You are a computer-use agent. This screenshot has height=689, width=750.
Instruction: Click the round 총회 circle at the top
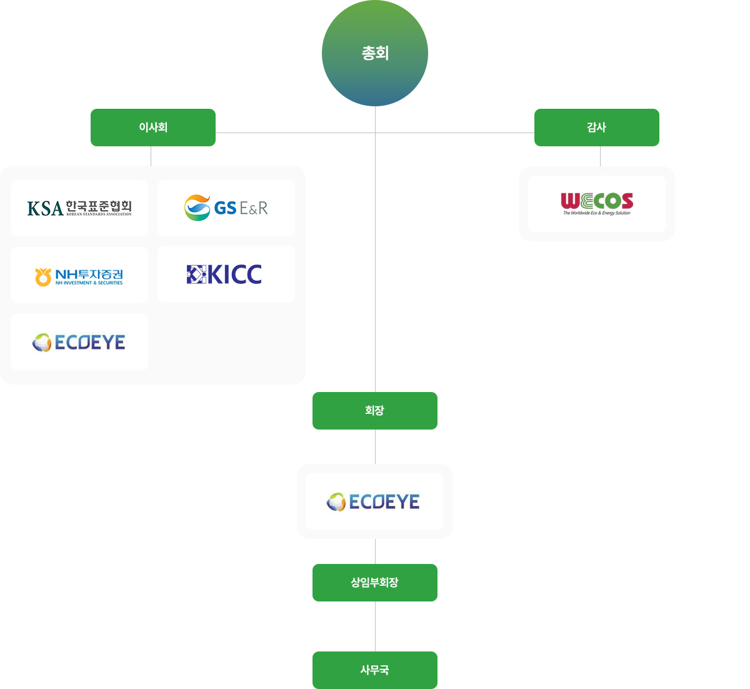[x=375, y=53]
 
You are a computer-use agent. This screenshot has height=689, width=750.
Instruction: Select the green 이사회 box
[x=153, y=128]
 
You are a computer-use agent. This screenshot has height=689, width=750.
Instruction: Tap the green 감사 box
[x=597, y=128]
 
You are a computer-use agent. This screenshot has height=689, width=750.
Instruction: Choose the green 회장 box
[x=375, y=411]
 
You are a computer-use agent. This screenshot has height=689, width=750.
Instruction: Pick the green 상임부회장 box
[x=375, y=583]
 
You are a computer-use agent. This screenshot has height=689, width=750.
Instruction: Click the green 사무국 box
[x=375, y=670]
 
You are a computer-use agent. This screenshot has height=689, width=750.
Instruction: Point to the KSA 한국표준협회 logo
[x=79, y=208]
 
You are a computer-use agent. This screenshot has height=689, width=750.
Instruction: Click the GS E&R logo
[x=226, y=208]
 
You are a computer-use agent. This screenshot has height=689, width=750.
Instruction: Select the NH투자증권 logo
[x=79, y=276]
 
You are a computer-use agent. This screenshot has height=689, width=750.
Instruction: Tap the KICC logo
[x=225, y=274]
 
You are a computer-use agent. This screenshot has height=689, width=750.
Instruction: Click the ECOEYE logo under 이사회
[x=79, y=343]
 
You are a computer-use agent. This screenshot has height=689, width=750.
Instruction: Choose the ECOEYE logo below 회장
[x=374, y=501]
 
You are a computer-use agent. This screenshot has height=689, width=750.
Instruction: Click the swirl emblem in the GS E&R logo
[x=197, y=208]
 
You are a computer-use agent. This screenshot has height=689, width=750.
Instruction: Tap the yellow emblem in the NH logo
[x=43, y=276]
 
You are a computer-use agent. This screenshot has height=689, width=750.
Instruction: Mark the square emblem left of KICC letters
[x=196, y=274]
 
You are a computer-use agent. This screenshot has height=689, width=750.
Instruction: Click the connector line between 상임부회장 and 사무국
[x=375, y=626]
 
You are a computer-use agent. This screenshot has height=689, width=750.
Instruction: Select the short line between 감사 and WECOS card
[x=600, y=156]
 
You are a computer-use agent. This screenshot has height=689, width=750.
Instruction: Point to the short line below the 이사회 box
[x=151, y=156]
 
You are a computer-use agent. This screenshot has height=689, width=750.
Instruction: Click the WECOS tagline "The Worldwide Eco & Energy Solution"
[x=597, y=213]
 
